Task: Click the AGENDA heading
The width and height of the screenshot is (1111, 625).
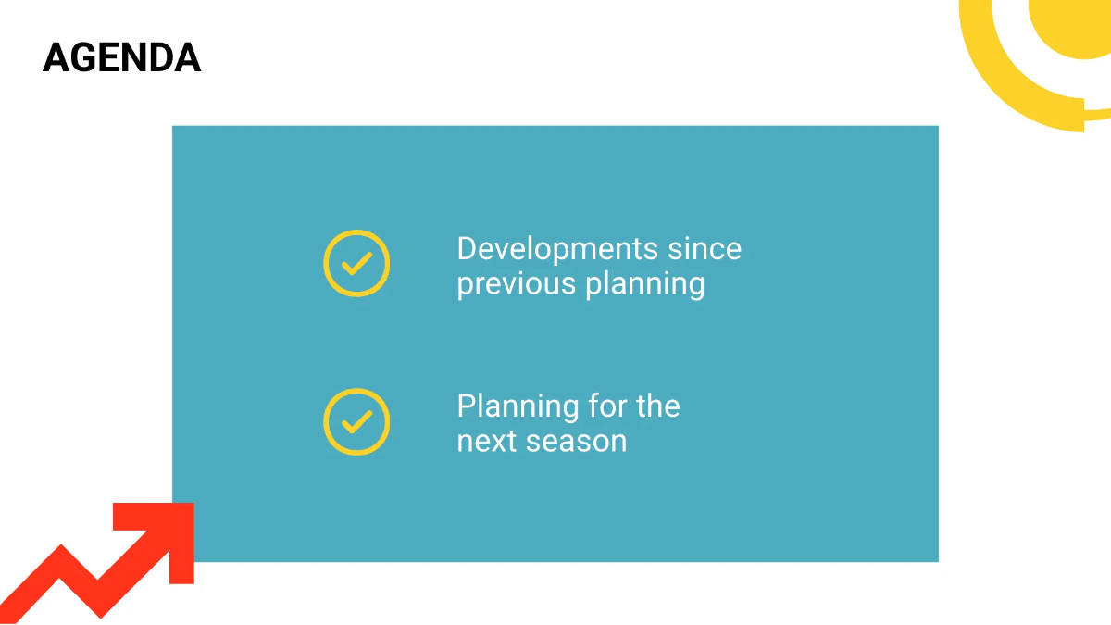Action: (121, 58)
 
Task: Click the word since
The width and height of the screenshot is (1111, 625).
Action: (705, 249)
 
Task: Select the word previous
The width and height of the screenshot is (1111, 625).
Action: (517, 284)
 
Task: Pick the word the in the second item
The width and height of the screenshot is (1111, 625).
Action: (658, 406)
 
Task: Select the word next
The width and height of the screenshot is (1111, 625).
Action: (487, 441)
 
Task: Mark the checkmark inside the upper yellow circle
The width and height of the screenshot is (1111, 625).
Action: (356, 264)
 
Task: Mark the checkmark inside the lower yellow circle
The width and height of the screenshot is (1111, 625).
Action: (356, 421)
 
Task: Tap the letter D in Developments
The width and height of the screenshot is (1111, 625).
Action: (467, 249)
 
